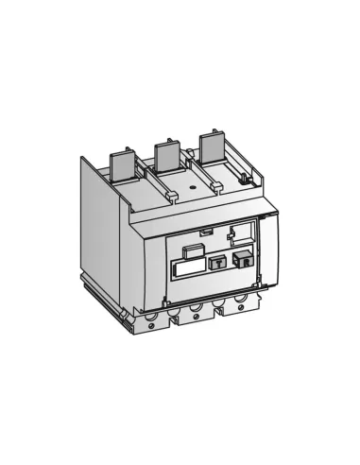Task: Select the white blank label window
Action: tap(189, 268)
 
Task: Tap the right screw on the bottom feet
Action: tap(238, 308)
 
